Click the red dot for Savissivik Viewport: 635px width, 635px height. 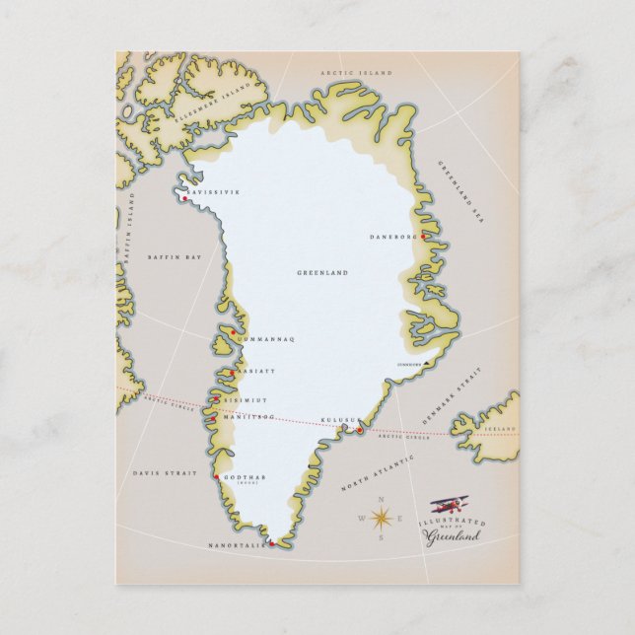click(183, 199)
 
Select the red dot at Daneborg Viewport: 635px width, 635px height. click(422, 237)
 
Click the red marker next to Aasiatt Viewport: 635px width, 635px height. click(231, 373)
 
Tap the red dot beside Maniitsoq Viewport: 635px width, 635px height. click(212, 420)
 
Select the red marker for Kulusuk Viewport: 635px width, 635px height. click(360, 429)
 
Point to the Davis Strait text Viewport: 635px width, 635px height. click(158, 473)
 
